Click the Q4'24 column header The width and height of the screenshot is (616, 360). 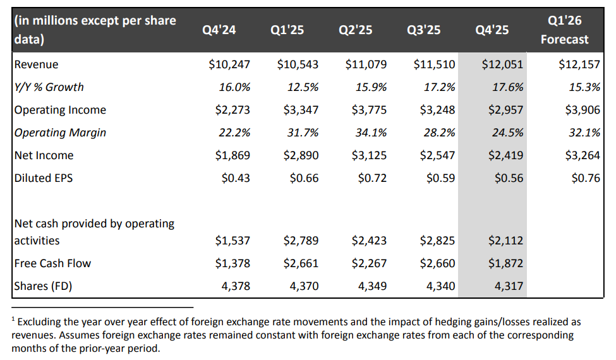tap(219, 30)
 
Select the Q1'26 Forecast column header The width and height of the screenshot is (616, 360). tap(564, 30)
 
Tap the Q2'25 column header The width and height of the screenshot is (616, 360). tap(356, 30)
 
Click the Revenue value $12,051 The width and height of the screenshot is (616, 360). tap(502, 64)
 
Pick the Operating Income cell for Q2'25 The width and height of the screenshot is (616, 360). tap(366, 110)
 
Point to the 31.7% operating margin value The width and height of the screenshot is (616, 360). tap(303, 133)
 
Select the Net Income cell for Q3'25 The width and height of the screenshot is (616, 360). tap(435, 155)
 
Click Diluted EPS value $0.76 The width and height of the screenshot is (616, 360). tap(585, 178)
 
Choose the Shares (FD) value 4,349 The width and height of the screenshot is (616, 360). tap(372, 286)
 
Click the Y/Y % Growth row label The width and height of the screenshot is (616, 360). tap(49, 87)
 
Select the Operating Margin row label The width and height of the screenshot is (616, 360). tap(60, 133)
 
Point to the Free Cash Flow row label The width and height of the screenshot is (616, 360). tap(52, 263)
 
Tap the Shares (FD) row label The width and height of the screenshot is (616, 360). tap(43, 286)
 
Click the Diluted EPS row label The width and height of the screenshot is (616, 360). tap(44, 178)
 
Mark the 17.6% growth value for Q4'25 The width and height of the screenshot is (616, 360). tap(507, 87)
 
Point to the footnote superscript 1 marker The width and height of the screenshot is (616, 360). tap(14, 320)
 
